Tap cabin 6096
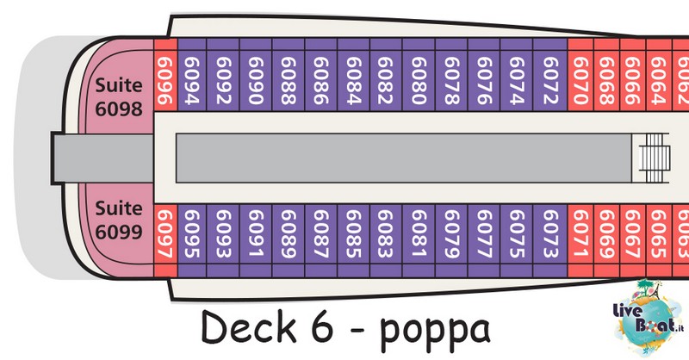165,75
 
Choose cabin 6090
256,75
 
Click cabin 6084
354,75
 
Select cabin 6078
451,75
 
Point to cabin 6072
550,75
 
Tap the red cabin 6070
580,75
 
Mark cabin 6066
633,75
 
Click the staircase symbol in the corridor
655,158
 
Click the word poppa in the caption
435,330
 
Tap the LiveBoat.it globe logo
649,317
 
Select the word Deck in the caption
249,326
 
